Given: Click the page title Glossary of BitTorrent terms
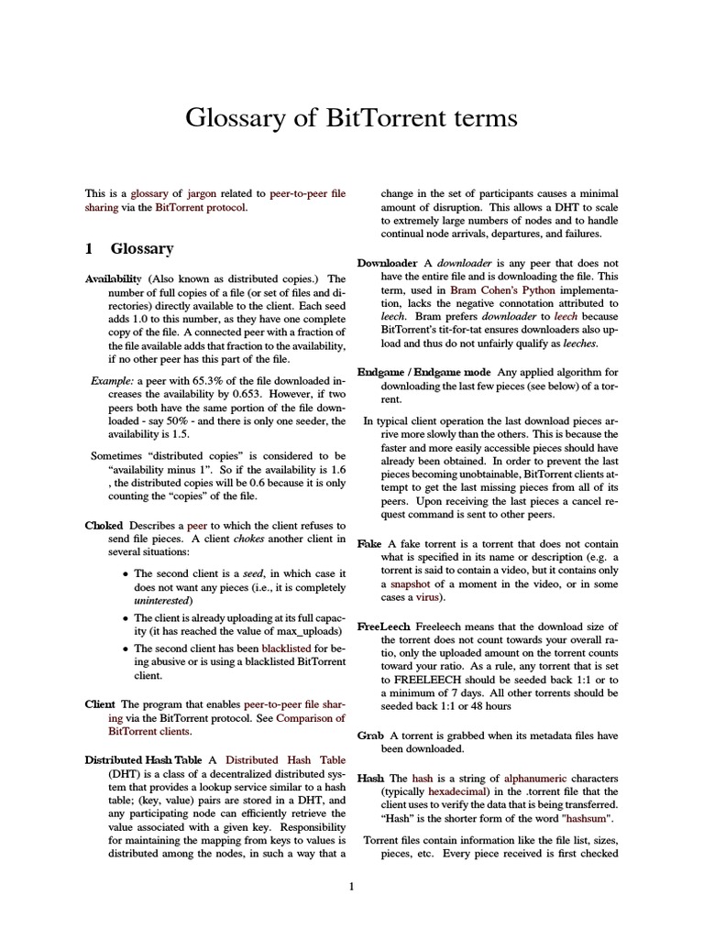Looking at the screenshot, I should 352,118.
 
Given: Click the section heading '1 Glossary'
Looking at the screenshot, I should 129,248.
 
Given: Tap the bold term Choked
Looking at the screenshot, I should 104,526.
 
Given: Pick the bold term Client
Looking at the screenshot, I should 100,703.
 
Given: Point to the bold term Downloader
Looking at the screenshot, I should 387,263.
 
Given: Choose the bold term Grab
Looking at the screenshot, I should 370,735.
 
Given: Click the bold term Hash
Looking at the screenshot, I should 370,777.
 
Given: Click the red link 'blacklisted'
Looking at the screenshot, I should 287,648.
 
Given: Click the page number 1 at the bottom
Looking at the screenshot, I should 351,886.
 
